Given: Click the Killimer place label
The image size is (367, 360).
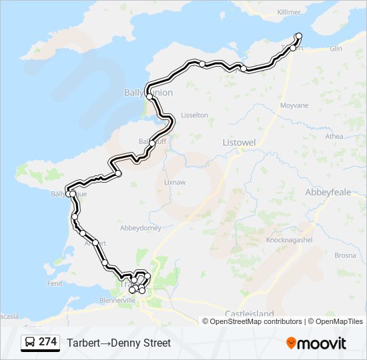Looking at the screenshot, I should click(288, 12).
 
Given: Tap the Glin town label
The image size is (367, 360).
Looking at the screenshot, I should click(336, 48).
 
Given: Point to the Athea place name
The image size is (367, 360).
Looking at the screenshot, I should click(334, 137).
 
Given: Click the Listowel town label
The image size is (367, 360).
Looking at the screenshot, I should click(239, 143).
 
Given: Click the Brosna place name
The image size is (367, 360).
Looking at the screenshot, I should click(345, 255).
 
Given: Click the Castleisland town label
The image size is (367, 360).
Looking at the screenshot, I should click(250, 313).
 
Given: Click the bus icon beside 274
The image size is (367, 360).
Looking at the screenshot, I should click(30, 342).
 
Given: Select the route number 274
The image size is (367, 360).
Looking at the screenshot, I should click(47, 342).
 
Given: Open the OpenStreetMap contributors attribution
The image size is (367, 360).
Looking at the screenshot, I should click(256, 321).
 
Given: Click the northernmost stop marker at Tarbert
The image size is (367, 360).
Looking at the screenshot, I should click(298, 35).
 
